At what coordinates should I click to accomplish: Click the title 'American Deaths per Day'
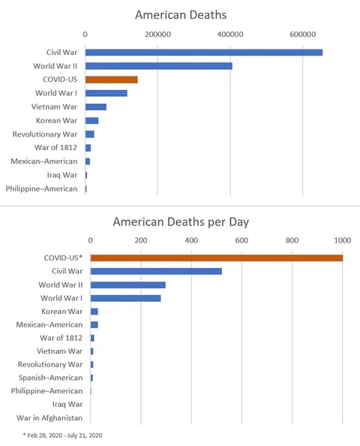click(x=180, y=221)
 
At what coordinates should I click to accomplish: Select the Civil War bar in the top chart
click(x=203, y=52)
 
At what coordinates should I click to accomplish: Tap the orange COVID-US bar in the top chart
click(x=111, y=80)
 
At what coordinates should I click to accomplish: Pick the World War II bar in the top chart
click(x=158, y=66)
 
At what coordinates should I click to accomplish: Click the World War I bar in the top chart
click(x=106, y=93)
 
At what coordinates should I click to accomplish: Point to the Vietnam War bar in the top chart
click(x=95, y=107)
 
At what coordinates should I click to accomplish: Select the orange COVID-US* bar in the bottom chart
click(x=216, y=258)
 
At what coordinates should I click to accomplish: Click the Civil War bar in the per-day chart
click(x=156, y=271)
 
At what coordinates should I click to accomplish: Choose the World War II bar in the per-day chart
click(x=127, y=285)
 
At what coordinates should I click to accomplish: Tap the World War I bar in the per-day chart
click(x=125, y=298)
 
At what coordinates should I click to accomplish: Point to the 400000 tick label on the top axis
click(x=230, y=35)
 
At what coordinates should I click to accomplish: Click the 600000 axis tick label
click(x=303, y=35)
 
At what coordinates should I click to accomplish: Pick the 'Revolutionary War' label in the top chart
click(x=45, y=134)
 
